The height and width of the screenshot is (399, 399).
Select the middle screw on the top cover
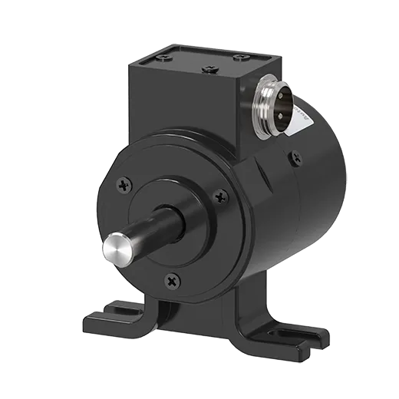(x=209, y=69)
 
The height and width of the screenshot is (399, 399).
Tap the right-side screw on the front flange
(x=221, y=196)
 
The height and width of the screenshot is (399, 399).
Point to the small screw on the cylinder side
(x=294, y=158)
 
